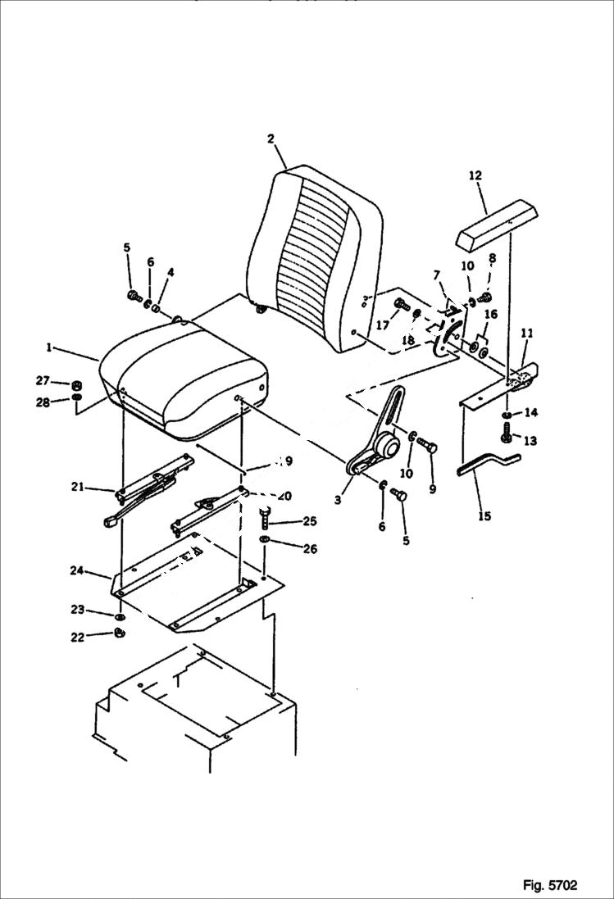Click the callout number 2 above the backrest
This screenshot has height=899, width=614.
271,138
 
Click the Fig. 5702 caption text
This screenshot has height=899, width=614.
549,885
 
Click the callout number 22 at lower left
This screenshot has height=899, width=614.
77,637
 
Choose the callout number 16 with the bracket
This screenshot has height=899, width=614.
490,314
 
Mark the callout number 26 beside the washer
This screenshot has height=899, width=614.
286,548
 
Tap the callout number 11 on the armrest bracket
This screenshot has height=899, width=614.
527,333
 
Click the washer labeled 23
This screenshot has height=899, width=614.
121,615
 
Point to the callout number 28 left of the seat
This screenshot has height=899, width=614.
42,402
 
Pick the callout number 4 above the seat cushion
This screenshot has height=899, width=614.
170,272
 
